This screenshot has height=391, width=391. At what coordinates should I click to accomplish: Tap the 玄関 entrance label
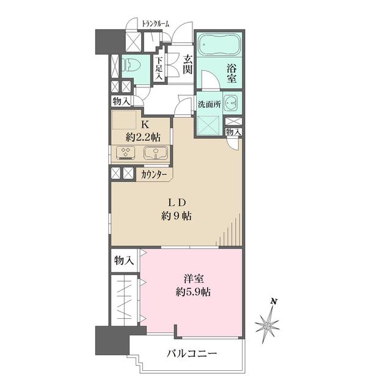186,65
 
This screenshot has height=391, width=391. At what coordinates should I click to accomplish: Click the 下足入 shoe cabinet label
159,68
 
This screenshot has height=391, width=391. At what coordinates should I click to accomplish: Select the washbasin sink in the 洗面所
230,103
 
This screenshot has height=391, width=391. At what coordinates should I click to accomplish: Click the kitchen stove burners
127,153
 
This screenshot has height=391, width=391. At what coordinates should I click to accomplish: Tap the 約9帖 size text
176,216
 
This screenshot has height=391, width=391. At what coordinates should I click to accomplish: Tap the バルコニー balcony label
191,353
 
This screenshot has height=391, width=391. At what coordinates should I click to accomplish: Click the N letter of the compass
274,301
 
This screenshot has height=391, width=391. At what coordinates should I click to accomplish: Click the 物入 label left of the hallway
120,101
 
